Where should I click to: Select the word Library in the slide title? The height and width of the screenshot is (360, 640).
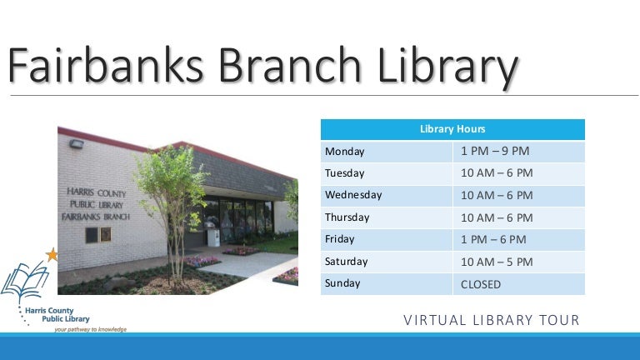441,67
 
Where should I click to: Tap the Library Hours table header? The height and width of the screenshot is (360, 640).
452,129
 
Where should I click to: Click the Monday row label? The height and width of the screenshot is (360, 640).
345,152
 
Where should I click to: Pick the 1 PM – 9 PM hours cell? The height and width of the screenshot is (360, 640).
495,152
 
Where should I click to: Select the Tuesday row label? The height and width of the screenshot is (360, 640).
345,173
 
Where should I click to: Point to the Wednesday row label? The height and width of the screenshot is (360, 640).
353,195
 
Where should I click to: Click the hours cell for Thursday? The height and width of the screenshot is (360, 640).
497,217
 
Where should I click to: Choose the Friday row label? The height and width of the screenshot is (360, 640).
340,239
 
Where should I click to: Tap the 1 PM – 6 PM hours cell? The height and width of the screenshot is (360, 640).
493,239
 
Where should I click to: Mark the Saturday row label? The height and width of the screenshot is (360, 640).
346,262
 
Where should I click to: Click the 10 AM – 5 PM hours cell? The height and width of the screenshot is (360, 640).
497,262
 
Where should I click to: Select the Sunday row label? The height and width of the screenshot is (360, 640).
342,283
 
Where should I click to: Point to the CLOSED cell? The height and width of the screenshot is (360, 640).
481,284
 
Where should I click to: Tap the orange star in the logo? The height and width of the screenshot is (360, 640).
52,255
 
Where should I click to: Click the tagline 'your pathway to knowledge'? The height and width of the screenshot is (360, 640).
90,329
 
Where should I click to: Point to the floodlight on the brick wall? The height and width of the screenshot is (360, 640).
76,145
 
